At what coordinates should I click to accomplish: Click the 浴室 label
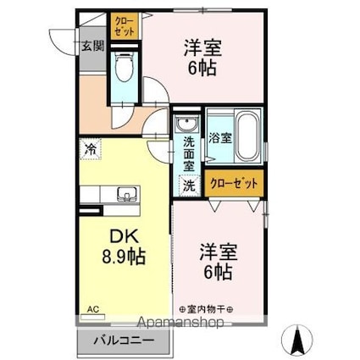tap(219, 138)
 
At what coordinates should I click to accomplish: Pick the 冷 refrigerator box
tap(91, 148)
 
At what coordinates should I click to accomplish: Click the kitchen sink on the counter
tap(125, 192)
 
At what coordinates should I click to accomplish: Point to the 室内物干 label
tap(208, 309)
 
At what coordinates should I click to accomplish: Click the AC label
tap(91, 309)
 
